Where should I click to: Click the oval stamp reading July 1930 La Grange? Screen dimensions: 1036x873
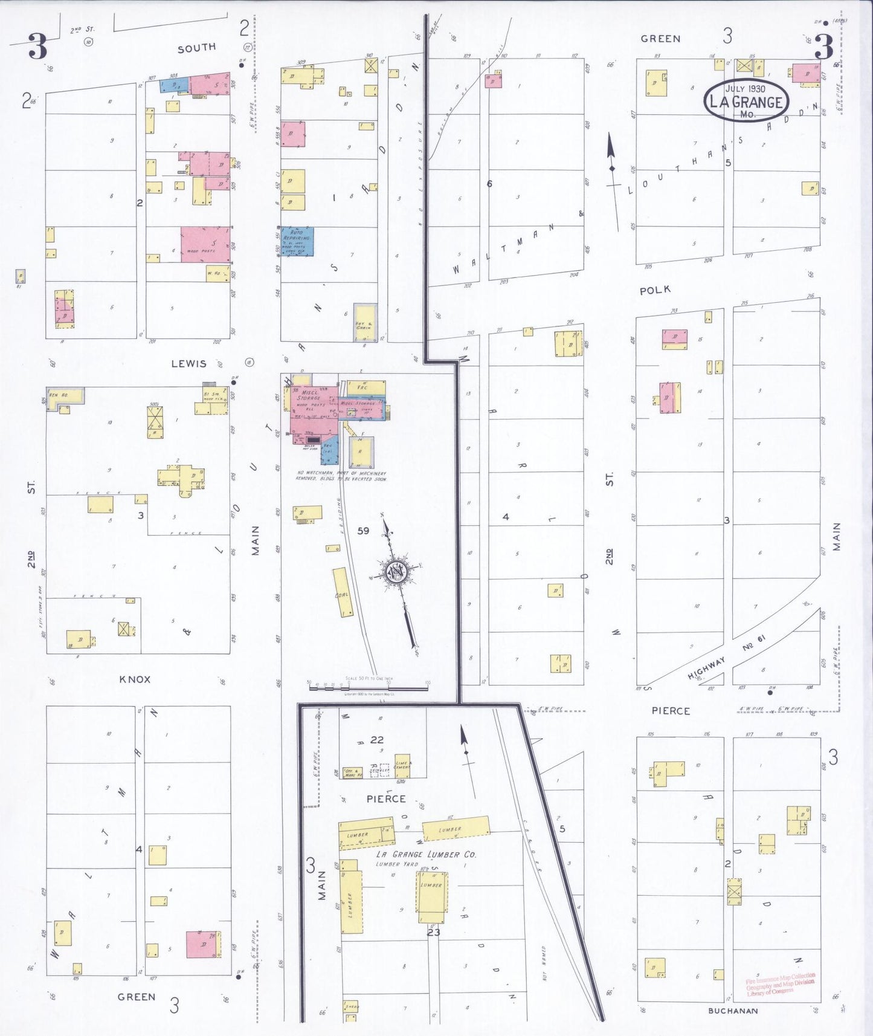746,100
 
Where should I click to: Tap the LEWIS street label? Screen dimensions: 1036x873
188,364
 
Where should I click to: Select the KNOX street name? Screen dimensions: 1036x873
135,679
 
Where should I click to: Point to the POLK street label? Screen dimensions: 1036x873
655,290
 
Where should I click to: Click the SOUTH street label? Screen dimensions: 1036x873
196,48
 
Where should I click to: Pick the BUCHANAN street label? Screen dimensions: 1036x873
733,1011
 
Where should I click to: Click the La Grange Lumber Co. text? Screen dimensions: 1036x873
426,855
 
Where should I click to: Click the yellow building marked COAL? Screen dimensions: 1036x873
343,592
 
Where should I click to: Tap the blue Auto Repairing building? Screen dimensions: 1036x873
297,241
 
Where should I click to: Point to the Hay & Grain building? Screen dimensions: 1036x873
365,323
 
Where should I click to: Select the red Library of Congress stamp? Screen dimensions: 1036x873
780,984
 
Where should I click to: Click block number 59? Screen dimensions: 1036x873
363,531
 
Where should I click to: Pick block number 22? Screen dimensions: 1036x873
377,739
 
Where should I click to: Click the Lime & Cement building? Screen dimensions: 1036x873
402,765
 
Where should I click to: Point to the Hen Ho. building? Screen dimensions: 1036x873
64,397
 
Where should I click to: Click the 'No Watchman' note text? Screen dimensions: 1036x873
341,476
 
